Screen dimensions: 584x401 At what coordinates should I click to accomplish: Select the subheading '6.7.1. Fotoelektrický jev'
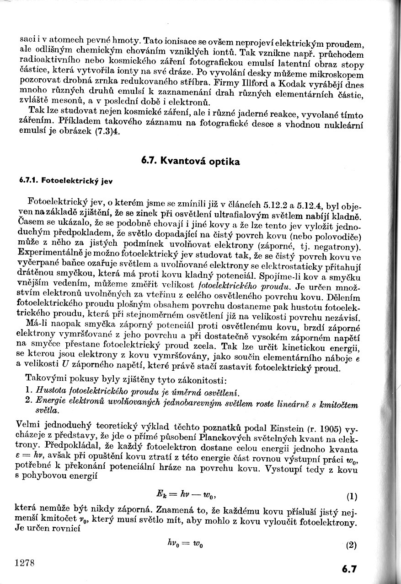click(66, 180)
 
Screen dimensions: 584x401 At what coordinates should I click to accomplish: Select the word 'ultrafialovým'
click(270, 214)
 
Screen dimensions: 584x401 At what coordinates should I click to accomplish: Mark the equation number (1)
click(352, 496)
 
